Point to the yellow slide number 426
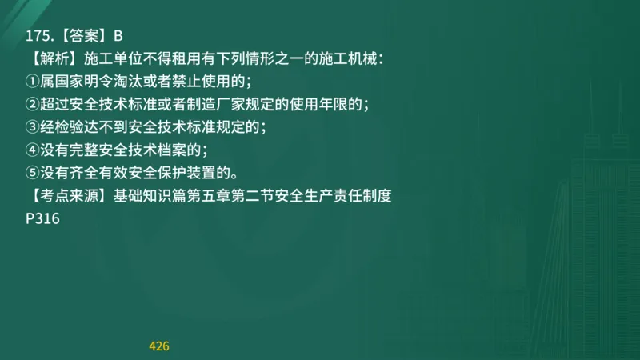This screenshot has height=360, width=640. point(159,346)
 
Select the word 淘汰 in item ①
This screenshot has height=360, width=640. point(136,82)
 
